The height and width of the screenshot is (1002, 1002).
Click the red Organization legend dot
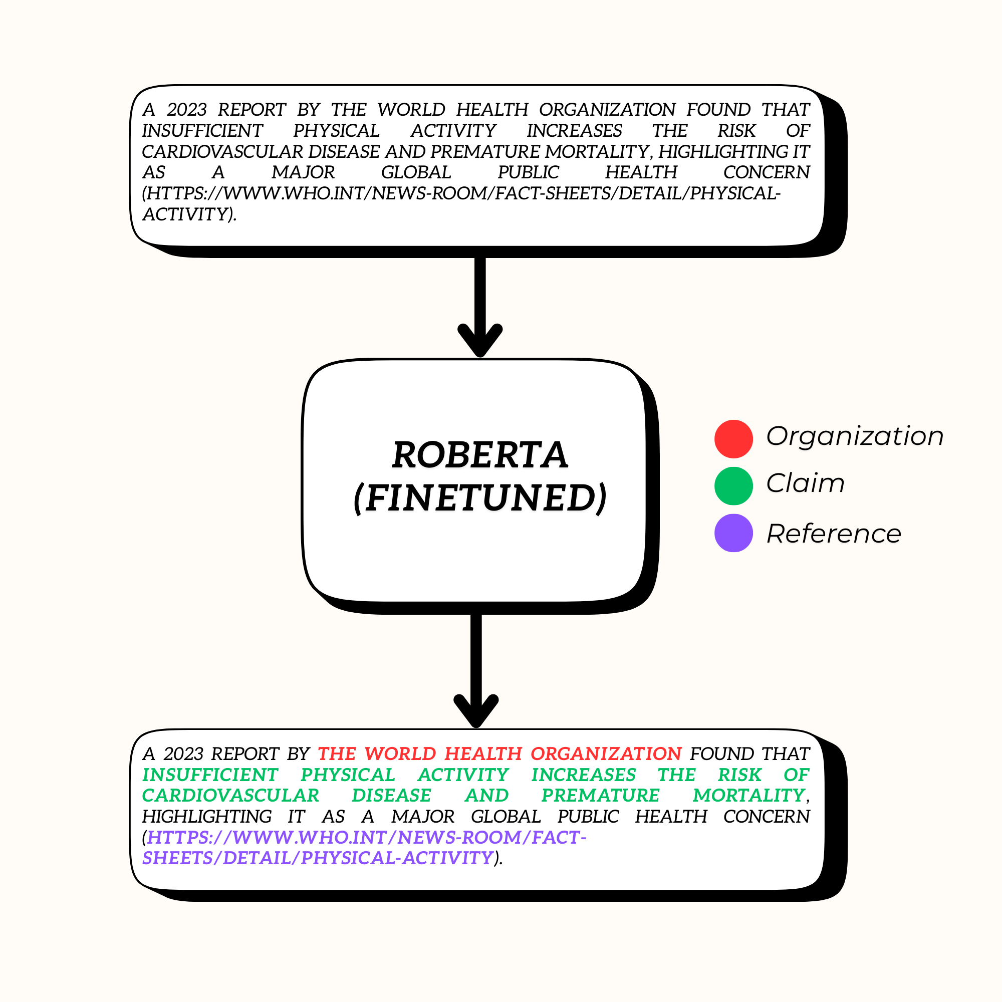click(x=733, y=439)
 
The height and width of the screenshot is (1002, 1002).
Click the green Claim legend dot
click(x=733, y=486)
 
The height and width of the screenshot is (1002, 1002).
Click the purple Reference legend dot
click(x=733, y=533)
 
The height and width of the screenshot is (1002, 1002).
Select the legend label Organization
click(x=855, y=436)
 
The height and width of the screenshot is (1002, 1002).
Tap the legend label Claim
click(x=805, y=483)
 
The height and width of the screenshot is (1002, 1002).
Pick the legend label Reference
click(x=834, y=534)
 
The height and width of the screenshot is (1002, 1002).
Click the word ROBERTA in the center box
click(x=480, y=455)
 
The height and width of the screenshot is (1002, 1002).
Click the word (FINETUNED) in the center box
click(x=480, y=498)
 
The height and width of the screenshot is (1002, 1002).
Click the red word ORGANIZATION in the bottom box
click(x=605, y=754)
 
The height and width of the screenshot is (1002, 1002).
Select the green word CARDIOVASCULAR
click(x=230, y=795)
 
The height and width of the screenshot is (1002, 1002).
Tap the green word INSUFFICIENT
click(x=210, y=775)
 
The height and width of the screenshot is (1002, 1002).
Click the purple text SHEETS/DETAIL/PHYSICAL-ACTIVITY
click(x=318, y=858)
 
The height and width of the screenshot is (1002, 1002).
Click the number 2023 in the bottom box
click(x=183, y=754)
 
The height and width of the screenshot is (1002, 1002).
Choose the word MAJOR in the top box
click(x=303, y=172)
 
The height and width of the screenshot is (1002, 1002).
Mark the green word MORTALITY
click(x=748, y=795)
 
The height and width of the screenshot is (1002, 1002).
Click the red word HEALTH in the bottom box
click(x=483, y=754)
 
